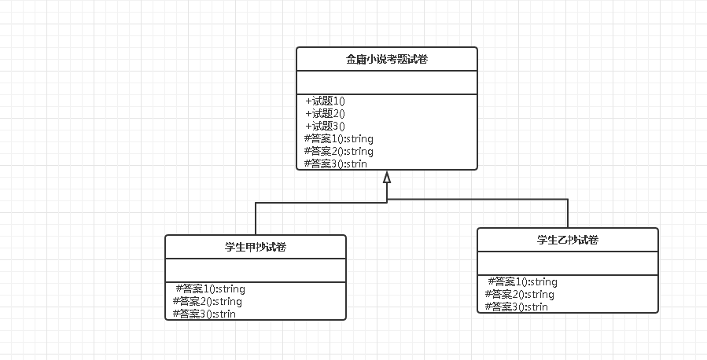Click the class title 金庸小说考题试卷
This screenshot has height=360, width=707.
pos(387,59)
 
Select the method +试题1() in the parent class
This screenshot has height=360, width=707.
pos(326,101)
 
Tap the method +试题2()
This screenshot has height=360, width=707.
pos(326,113)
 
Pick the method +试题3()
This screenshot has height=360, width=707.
pos(326,126)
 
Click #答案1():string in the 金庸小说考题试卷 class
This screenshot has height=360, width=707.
pos(338,138)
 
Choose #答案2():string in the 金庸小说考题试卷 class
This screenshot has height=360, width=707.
pos(338,151)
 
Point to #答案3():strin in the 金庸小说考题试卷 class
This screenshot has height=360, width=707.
pos(335,163)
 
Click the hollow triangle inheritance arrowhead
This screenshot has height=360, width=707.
pos(387,177)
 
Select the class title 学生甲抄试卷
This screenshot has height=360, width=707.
pos(256,247)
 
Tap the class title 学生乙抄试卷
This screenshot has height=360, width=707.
pos(568,240)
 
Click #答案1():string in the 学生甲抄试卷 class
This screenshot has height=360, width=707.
pos(210,288)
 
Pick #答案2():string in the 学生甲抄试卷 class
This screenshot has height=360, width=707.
pos(208,301)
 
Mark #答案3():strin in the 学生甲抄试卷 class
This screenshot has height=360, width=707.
pos(204,314)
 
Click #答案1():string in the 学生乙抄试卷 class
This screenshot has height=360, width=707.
pos(522,281)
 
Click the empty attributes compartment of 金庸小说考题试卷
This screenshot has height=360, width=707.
pos(387,83)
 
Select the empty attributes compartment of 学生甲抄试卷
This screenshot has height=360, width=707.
pos(256,270)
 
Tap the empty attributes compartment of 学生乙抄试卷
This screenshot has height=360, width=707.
pos(568,263)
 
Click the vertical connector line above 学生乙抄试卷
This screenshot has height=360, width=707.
pos(568,214)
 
